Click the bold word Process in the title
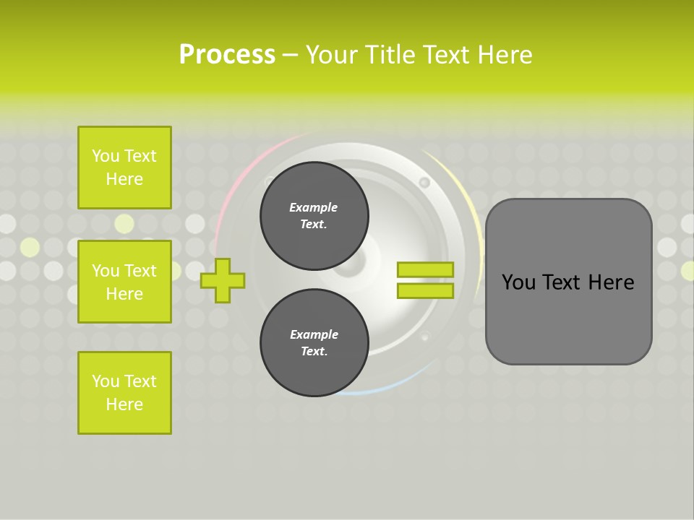227,55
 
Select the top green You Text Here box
124,168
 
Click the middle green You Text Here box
124,282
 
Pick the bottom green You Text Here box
124,393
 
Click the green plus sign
223,281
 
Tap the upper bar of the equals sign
425,269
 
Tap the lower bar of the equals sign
425,291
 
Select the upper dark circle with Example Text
314,215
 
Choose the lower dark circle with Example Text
314,342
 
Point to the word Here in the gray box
611,282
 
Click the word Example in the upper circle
314,207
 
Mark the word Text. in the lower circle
314,351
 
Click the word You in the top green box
106,156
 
